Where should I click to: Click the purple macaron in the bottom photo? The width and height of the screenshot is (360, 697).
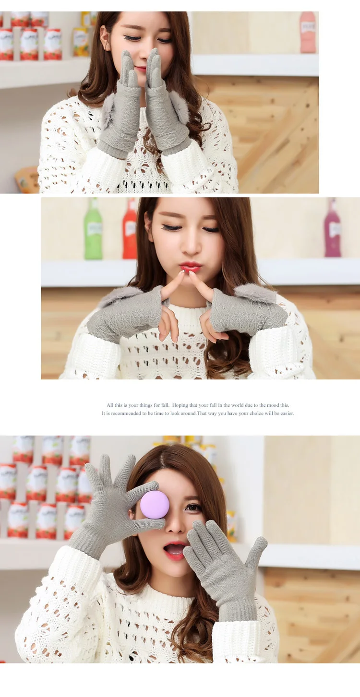[155, 504]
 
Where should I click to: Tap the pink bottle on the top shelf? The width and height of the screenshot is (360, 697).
[308, 32]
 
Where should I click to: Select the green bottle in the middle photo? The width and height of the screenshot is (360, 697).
[93, 230]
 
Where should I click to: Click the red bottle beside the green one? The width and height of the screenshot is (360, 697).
[130, 230]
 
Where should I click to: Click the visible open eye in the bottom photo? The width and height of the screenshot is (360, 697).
[194, 508]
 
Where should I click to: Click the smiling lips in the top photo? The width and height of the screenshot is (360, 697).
[141, 69]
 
